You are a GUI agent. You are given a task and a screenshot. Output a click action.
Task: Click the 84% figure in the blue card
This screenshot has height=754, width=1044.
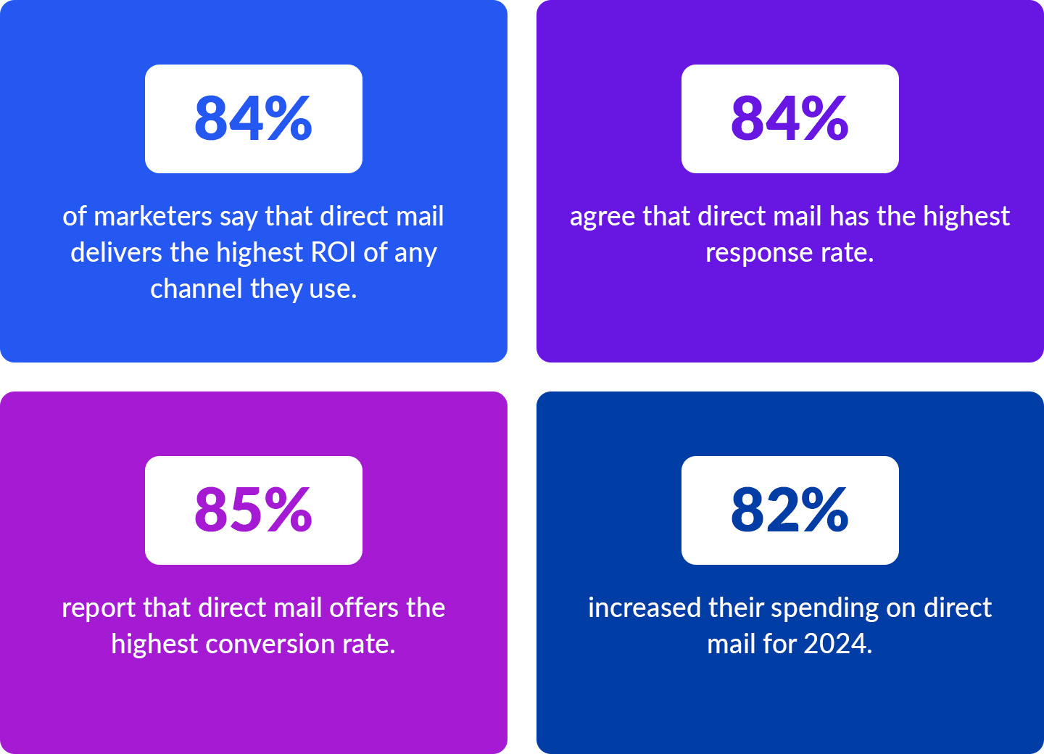click(253, 118)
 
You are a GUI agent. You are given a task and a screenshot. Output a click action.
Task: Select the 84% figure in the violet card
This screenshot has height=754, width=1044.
click(790, 118)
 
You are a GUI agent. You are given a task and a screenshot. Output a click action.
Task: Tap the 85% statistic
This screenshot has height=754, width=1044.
click(253, 510)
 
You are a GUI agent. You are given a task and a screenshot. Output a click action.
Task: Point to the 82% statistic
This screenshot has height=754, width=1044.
click(790, 510)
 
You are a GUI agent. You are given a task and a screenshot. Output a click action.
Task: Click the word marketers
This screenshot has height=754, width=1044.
click(153, 217)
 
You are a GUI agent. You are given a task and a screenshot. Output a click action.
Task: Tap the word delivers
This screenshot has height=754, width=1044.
click(116, 253)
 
